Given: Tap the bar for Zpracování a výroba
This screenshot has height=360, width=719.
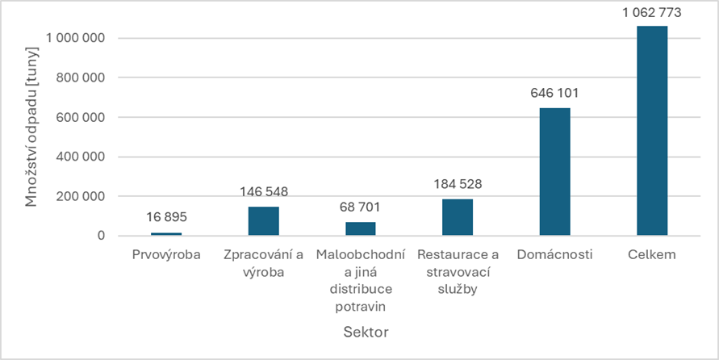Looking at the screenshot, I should click(264, 220).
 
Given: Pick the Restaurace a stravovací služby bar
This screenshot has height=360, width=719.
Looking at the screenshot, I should click(458, 216).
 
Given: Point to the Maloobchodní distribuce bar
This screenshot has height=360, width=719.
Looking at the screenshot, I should click(361, 228).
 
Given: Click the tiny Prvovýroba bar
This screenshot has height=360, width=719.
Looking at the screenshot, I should click(167, 233).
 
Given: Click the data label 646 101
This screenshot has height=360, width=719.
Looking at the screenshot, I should click(554, 94).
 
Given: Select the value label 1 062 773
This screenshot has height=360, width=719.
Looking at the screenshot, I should click(651, 12).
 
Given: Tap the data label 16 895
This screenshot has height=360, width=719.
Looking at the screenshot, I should click(167, 218).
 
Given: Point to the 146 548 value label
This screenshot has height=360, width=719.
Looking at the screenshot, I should click(264, 192).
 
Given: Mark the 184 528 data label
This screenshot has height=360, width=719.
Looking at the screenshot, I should click(458, 184).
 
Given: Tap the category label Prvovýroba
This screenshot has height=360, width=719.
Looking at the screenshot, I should click(167, 255).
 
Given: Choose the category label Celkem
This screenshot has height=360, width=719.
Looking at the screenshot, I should click(651, 255).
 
